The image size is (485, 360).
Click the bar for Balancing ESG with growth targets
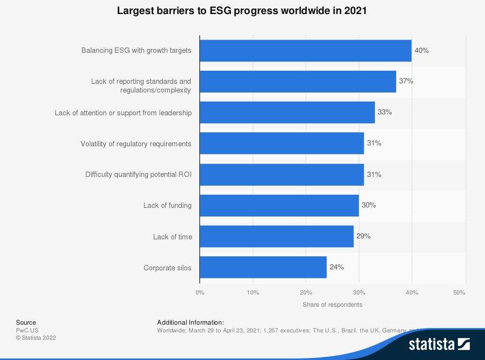[306, 50]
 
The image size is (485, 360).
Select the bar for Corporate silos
[263, 267]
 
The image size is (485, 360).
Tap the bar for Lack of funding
[279, 205]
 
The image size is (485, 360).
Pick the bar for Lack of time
[276, 236]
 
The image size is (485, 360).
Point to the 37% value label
[406, 81]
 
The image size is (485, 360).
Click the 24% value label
[337, 267]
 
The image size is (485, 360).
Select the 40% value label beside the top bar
[421, 50]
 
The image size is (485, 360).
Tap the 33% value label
[385, 112]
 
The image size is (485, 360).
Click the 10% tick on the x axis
[253, 293]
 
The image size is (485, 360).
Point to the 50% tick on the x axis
[459, 293]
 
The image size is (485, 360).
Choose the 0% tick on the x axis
[200, 293]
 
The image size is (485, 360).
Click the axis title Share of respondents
[332, 305]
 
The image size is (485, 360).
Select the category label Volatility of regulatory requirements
[136, 144]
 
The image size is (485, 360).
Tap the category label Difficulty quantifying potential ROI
[138, 174]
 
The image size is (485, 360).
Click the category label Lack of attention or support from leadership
[123, 113]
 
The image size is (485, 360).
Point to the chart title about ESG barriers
[242, 11]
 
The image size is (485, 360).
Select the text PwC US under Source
[27, 330]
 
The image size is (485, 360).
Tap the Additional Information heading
[191, 322]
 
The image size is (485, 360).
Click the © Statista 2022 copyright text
[36, 338]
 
